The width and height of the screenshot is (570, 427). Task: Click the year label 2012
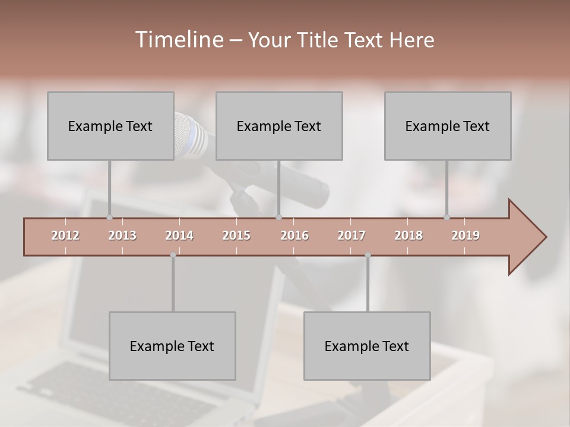pos(65,236)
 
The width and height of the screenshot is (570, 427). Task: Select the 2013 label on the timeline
pos(122,236)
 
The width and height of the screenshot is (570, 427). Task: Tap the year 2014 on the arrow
pos(179,236)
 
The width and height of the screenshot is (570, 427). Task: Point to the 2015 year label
pos(236,236)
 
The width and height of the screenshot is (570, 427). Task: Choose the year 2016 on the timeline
pos(294,236)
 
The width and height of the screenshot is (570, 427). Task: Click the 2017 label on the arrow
pos(351,236)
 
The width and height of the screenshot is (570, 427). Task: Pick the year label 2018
pos(408,236)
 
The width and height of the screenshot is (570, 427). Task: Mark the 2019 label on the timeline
pos(465,236)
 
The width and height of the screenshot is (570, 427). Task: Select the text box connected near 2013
pos(110,126)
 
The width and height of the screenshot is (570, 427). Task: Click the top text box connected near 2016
pos(279,126)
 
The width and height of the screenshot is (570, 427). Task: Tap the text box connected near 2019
pos(448,126)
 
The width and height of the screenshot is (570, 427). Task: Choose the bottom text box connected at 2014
pos(172,346)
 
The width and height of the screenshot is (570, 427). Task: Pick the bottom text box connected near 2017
pos(367,346)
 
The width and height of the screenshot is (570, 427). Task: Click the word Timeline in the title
pos(178,40)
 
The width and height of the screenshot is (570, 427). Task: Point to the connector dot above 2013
pos(109,218)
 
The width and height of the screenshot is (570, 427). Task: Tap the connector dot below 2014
pos(173,255)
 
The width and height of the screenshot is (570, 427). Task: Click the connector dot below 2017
pos(368,255)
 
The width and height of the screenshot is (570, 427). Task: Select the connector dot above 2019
pos(446,218)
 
